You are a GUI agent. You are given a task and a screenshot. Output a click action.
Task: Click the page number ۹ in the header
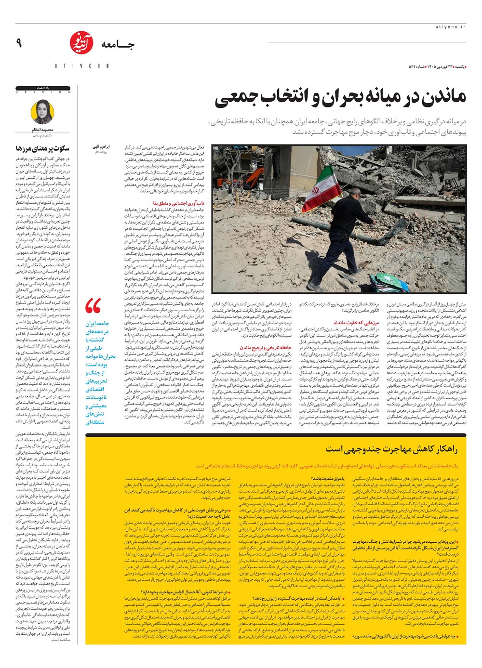click(19, 43)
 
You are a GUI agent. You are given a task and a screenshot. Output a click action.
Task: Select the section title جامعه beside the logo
click(118, 45)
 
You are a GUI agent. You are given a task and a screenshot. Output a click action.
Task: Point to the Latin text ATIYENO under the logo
click(81, 65)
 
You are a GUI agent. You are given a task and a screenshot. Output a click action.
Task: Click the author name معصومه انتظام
click(42, 130)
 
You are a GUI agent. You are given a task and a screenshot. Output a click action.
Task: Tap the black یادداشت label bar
click(43, 89)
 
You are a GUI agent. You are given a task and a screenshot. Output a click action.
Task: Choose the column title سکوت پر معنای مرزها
click(42, 148)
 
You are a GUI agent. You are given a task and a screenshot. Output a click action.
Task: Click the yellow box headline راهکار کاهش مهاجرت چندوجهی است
click(391, 449)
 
